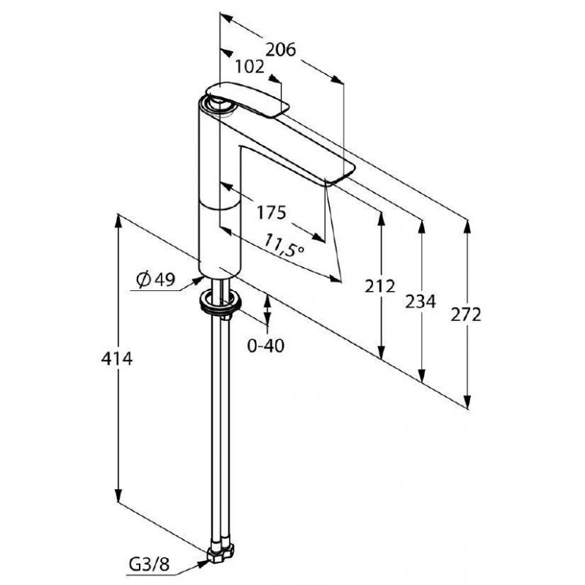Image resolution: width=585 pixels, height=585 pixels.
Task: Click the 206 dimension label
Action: click(x=281, y=50)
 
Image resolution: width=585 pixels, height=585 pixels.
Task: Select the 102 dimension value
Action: click(x=249, y=67)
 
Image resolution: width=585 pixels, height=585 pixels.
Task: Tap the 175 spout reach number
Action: click(x=271, y=213)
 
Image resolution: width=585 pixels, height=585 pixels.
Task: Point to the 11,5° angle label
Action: click(x=284, y=245)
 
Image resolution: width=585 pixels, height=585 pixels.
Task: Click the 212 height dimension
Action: click(x=380, y=286)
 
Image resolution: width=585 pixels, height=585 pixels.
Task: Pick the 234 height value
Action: click(x=420, y=301)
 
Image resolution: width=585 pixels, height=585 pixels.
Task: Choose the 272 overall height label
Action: click(x=466, y=315)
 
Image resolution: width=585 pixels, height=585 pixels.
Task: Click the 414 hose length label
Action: click(x=117, y=359)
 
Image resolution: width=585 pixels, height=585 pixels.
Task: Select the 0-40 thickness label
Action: click(x=265, y=346)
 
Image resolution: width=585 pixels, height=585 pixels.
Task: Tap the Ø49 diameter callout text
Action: click(x=156, y=279)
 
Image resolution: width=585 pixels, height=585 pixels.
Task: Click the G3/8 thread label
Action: click(x=149, y=565)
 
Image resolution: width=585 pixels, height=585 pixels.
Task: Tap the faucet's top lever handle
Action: click(x=247, y=98)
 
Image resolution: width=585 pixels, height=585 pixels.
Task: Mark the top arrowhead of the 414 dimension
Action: click(x=118, y=221)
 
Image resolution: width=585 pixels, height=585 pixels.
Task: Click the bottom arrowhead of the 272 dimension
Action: click(x=467, y=401)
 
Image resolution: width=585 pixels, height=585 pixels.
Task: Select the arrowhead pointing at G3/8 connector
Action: click(x=202, y=565)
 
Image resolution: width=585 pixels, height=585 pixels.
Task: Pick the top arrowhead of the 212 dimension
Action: click(x=381, y=219)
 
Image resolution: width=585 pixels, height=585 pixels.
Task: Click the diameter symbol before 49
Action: click(x=143, y=280)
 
